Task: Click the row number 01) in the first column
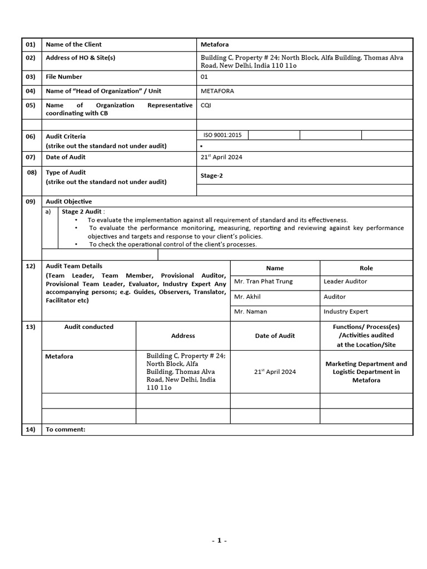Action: [x=30, y=44]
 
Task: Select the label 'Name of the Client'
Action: [x=73, y=44]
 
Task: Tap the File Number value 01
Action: [x=204, y=77]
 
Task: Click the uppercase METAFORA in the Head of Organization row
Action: [x=217, y=91]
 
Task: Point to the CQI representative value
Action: [x=206, y=105]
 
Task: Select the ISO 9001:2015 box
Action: [x=222, y=135]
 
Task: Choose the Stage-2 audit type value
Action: [x=212, y=176]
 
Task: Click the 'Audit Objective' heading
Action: [x=69, y=202]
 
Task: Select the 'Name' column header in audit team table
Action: [x=275, y=268]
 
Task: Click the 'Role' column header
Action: [x=366, y=268]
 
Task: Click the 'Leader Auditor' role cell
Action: [x=346, y=282]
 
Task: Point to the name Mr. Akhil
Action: [x=247, y=297]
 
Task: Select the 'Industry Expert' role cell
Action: [x=346, y=312]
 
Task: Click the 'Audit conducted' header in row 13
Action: [x=89, y=327]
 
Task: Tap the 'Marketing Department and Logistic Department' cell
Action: [x=366, y=372]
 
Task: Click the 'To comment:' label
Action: [x=66, y=429]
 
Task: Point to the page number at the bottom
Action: [x=219, y=540]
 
